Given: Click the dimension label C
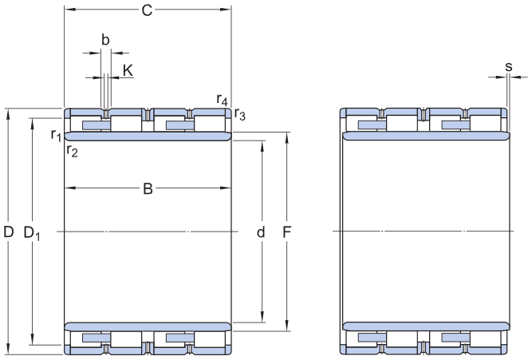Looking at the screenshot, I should (147, 10).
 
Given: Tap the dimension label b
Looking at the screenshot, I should (104, 39).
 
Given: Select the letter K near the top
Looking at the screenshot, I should (128, 70).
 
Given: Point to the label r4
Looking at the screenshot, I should (223, 99).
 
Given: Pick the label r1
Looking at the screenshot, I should (56, 135).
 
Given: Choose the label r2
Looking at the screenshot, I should (72, 149).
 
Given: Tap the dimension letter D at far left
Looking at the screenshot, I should (9, 232).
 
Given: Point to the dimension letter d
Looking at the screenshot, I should (261, 233).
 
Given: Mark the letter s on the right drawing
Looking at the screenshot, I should (508, 66).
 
